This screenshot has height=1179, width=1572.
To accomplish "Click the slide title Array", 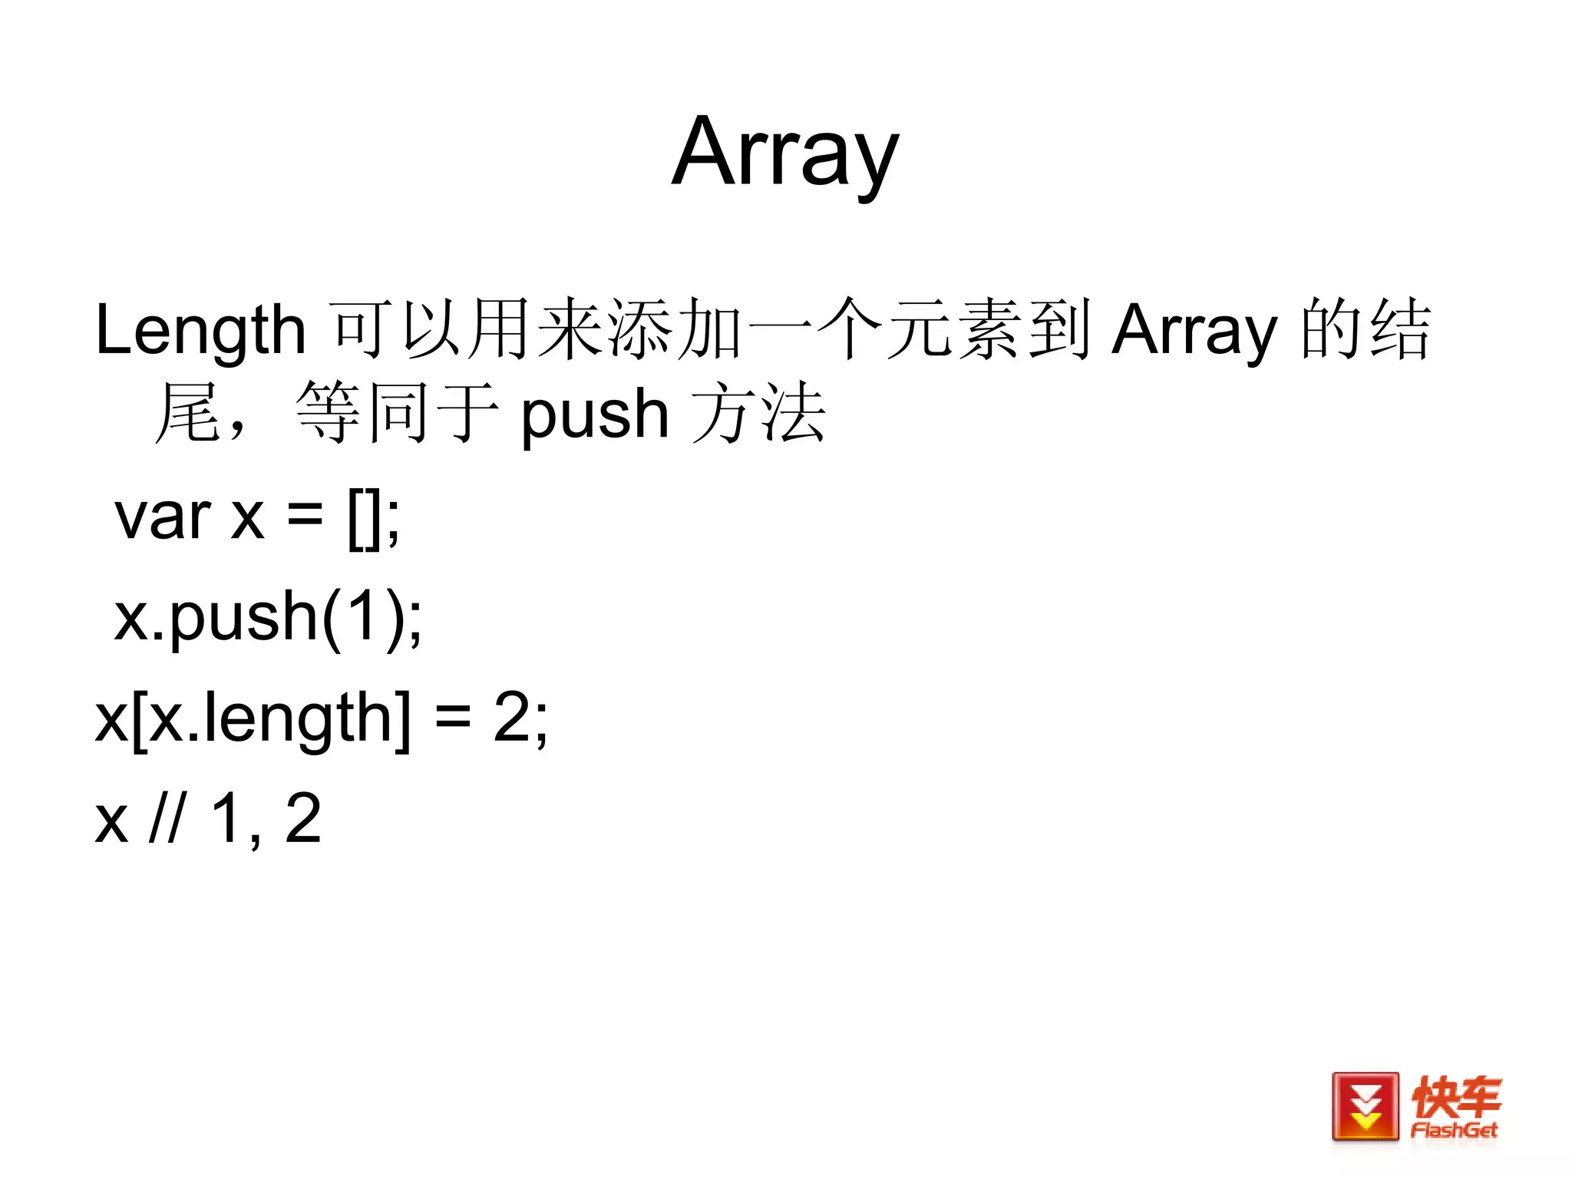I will click(x=784, y=154).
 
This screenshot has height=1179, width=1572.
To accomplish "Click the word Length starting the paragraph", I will click(x=200, y=330).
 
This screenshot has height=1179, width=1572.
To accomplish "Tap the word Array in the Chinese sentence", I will click(x=1194, y=330).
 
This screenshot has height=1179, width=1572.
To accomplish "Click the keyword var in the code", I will click(x=162, y=516).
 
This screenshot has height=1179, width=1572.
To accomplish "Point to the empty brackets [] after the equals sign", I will click(x=365, y=519).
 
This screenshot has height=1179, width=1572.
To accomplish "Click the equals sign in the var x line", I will click(x=305, y=516).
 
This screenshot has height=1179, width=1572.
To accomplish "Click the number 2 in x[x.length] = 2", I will click(x=512, y=718).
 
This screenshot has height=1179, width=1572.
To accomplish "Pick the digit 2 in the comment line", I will click(x=303, y=818).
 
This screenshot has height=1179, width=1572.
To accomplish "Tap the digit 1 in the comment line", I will click(x=227, y=818).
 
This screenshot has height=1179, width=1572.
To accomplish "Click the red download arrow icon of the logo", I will click(x=1365, y=1106).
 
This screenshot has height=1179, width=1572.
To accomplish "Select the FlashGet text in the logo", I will click(x=1454, y=1130).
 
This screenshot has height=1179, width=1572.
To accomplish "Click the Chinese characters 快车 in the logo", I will click(x=1455, y=1096).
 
